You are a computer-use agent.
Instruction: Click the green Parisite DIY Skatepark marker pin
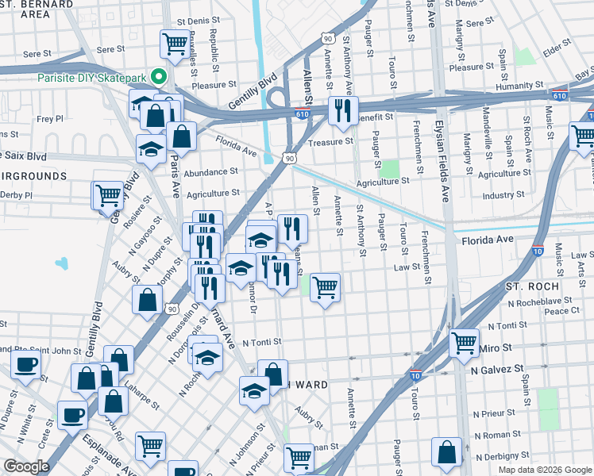[x=159, y=77]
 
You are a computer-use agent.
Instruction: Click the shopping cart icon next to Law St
[x=325, y=286]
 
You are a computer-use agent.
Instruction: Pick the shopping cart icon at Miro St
[x=464, y=342]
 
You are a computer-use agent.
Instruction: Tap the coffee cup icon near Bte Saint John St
[x=26, y=365]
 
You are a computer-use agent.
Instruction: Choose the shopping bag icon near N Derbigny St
[x=447, y=453]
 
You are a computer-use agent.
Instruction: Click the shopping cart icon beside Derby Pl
[x=108, y=194]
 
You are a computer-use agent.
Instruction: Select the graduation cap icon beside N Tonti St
[x=207, y=356]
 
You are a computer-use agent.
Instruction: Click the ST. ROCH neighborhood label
[x=532, y=286]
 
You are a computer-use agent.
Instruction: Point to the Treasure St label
[x=330, y=141]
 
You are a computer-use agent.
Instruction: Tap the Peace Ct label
[x=562, y=311]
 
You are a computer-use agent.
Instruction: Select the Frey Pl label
[x=49, y=119]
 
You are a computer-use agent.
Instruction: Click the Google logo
[x=26, y=466]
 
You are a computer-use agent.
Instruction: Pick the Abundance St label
[x=210, y=171]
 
